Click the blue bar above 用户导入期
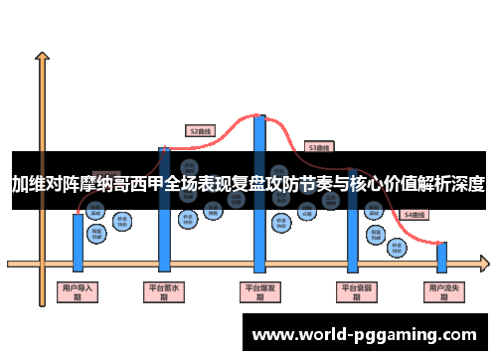point(78,240)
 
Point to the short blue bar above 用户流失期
point(441,257)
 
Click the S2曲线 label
point(201,129)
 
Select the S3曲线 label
point(318,146)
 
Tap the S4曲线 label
point(413,215)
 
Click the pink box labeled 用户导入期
point(78,292)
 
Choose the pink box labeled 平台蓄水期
point(165,292)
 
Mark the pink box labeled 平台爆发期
point(259,292)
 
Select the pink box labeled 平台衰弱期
point(352,292)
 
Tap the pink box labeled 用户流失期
point(441,292)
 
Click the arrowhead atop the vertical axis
point(42,58)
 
